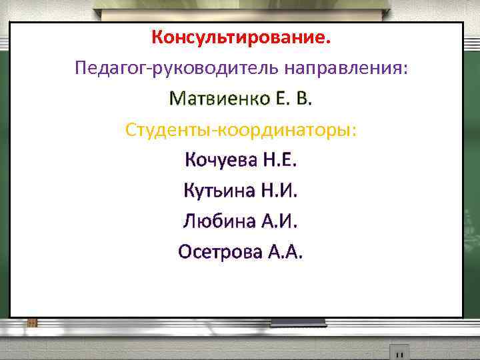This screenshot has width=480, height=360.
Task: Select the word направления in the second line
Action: [x=341, y=68]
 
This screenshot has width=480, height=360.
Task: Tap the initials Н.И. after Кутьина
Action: [x=279, y=191]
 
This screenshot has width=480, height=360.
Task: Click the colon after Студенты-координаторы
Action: [x=354, y=132]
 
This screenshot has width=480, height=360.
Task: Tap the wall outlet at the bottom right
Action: [x=399, y=351]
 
